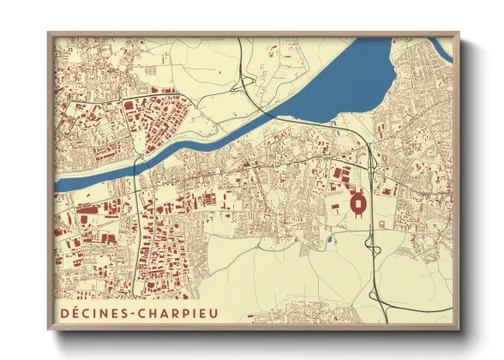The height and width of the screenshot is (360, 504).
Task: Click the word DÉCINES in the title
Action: click(96, 313)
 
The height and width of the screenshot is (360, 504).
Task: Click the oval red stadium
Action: click(357, 204)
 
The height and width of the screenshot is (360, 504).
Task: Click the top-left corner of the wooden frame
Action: click(49, 34)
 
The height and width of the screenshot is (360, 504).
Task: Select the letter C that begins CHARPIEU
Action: click(148, 313)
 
